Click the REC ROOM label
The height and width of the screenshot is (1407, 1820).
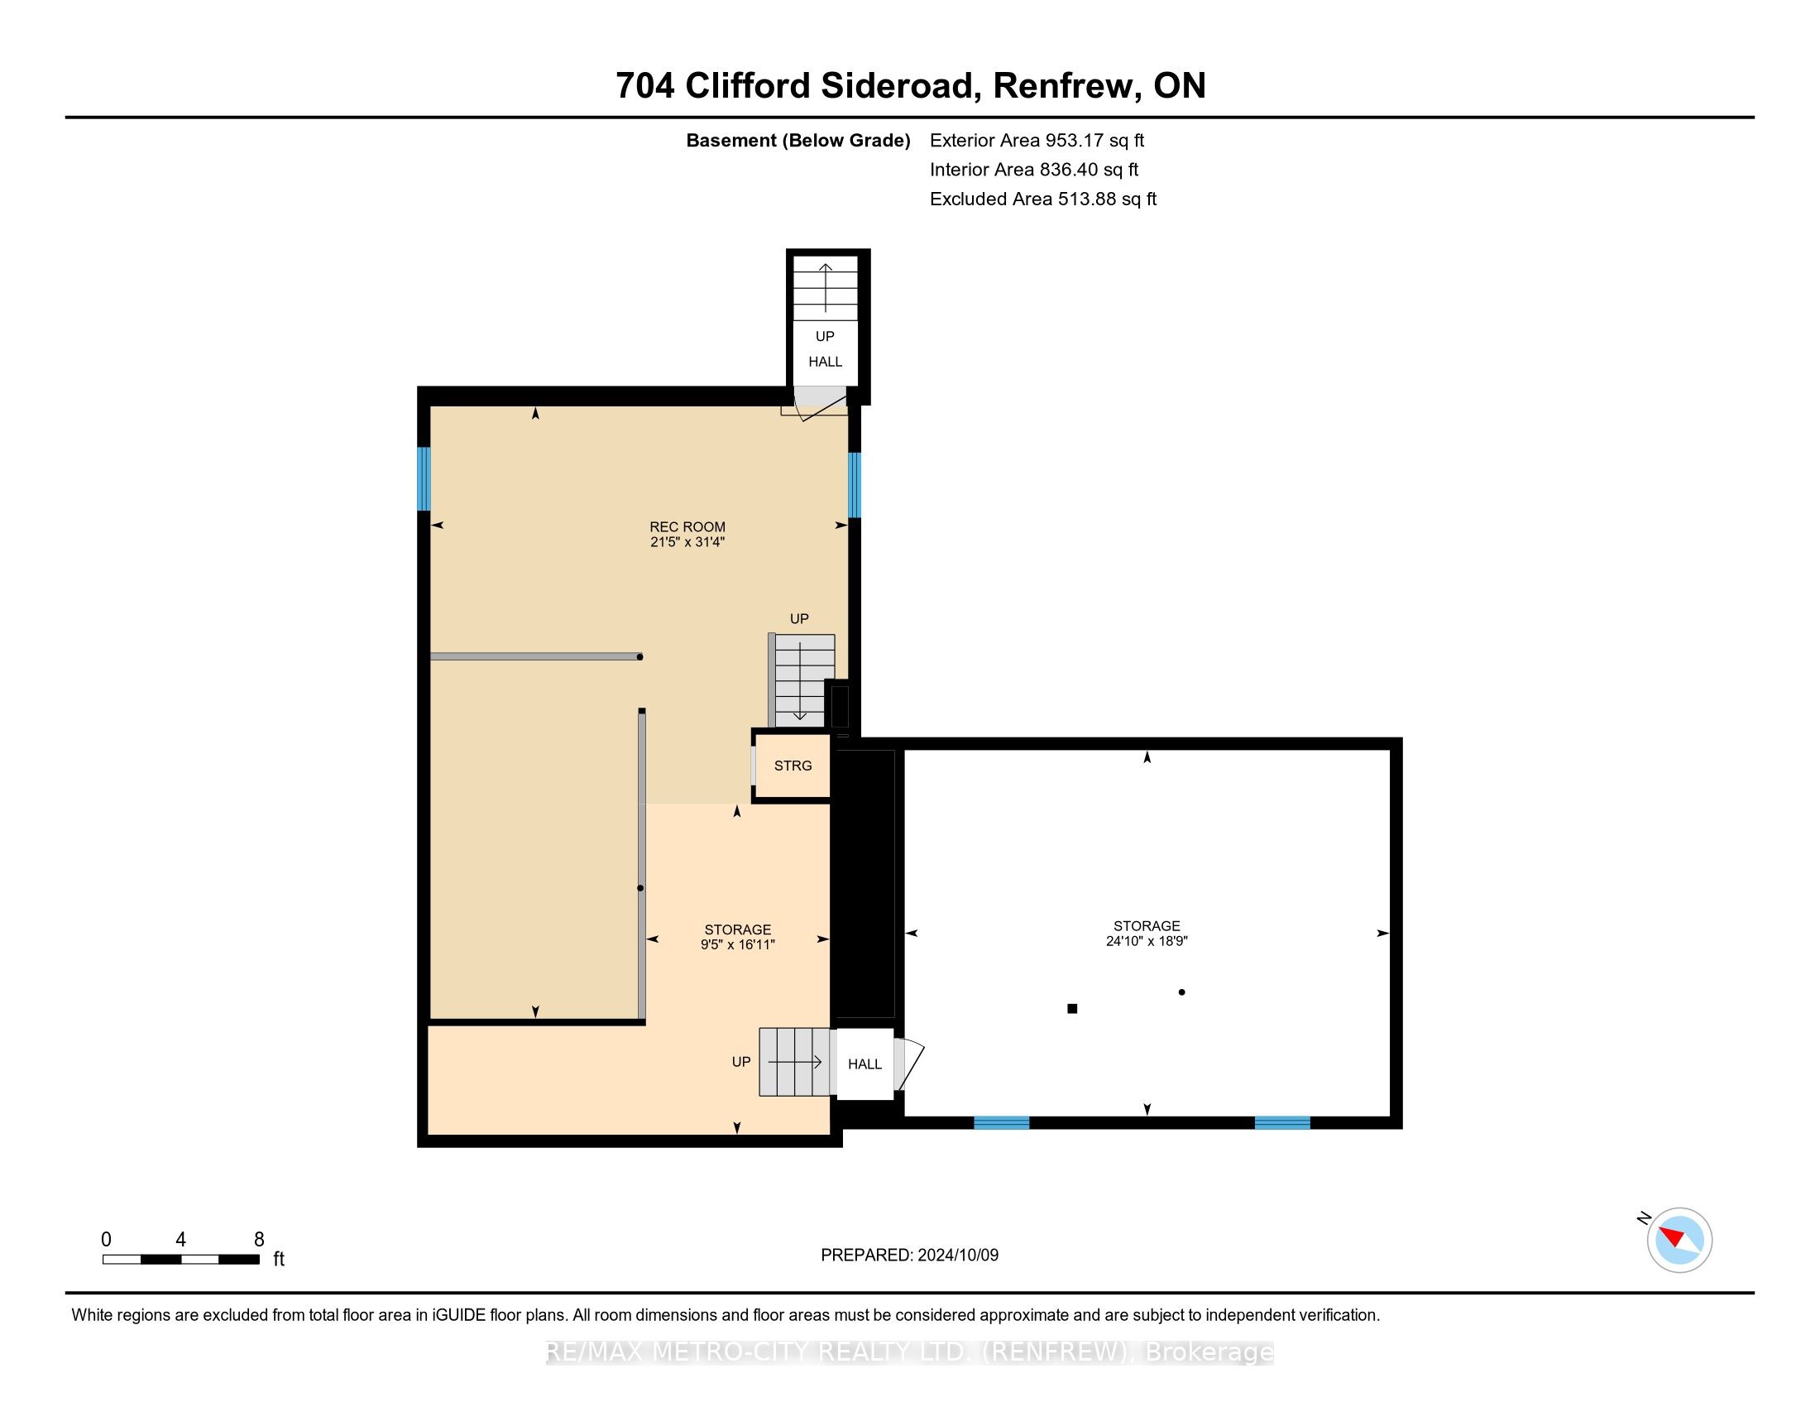pyautogui.click(x=687, y=526)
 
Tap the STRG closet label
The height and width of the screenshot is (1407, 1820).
pyautogui.click(x=793, y=766)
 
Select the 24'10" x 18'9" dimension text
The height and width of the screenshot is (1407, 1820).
pyautogui.click(x=1147, y=941)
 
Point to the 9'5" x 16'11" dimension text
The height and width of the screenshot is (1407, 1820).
pyautogui.click(x=737, y=944)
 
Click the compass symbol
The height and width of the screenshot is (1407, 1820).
pyautogui.click(x=1679, y=1240)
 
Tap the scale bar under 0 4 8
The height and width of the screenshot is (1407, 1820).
pyautogui.click(x=181, y=1259)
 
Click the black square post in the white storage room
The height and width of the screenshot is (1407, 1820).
pyautogui.click(x=1072, y=1009)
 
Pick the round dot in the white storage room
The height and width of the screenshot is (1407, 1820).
pyautogui.click(x=1181, y=992)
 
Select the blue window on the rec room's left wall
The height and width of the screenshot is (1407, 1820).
pyautogui.click(x=424, y=478)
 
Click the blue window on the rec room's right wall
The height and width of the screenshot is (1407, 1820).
pyautogui.click(x=855, y=484)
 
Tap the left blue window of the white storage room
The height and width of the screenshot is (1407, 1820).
pyautogui.click(x=1002, y=1123)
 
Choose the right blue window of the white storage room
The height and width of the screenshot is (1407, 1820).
pyautogui.click(x=1282, y=1123)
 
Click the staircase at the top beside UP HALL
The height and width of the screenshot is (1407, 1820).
pyautogui.click(x=825, y=288)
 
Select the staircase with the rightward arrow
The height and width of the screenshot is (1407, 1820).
pyautogui.click(x=795, y=1062)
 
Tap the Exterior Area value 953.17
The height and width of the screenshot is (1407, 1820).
pyautogui.click(x=1075, y=140)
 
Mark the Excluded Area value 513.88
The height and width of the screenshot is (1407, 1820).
pyautogui.click(x=1088, y=199)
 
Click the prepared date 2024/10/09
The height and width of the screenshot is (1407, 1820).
pyautogui.click(x=957, y=1255)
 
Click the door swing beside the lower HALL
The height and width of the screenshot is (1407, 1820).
pyautogui.click(x=909, y=1064)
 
